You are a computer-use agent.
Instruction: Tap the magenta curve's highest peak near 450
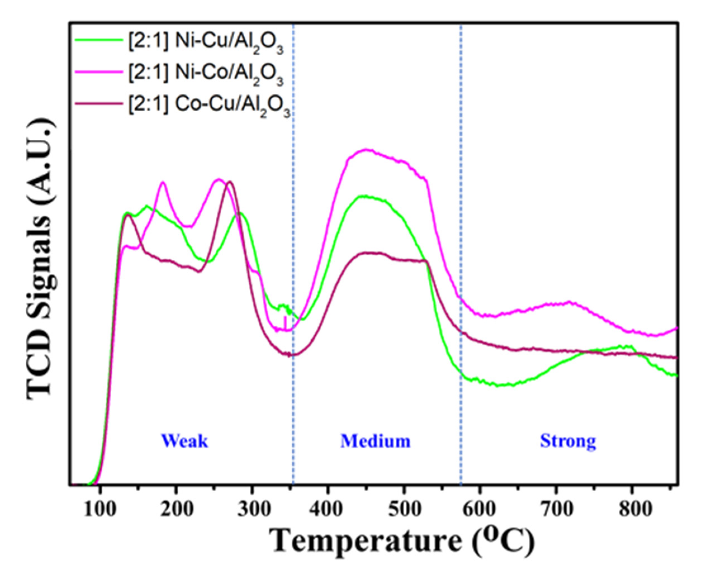pos(366,149)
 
